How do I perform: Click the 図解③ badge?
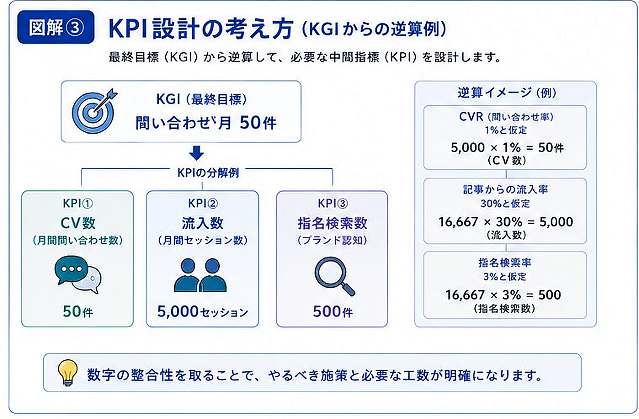(56, 27)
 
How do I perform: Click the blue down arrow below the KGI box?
(197, 153)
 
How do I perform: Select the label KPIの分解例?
(208, 172)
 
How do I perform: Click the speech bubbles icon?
(77, 275)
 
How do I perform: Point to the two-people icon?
(200, 275)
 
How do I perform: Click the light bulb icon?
(68, 373)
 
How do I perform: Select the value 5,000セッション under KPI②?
(202, 311)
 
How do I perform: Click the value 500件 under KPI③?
(333, 312)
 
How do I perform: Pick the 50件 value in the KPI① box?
(77, 312)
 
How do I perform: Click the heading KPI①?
(77, 204)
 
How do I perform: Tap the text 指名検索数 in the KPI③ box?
(332, 223)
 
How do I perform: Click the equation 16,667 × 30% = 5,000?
(506, 222)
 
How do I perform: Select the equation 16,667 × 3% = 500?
(503, 295)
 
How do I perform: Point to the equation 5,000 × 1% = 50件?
(507, 148)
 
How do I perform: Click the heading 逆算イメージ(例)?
(507, 93)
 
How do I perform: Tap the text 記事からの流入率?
(505, 190)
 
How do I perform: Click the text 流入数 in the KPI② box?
(202, 223)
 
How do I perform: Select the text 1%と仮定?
(506, 130)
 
